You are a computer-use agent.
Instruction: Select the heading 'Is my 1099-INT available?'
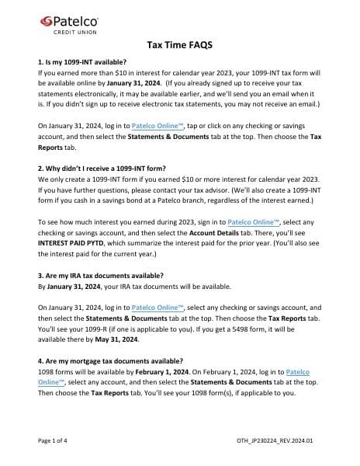click(x=81, y=61)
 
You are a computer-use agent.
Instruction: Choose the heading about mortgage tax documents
click(x=110, y=360)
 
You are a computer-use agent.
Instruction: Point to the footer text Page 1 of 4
click(x=57, y=440)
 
